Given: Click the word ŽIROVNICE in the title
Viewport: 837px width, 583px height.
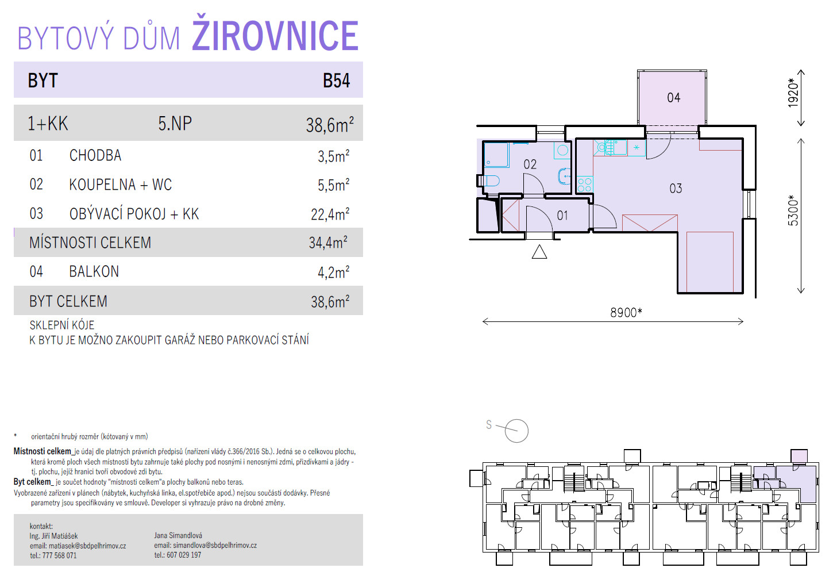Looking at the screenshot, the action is pos(275,34).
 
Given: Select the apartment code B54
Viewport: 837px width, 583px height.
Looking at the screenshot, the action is pos(336,80).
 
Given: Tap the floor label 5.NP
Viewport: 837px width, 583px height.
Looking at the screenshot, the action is pos(175,124).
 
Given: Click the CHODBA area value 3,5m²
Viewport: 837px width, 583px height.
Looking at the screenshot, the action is pos(333,156).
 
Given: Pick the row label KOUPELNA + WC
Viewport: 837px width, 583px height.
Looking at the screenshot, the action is pos(121,185).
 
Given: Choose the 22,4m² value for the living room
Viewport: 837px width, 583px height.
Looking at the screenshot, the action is pos(330,214).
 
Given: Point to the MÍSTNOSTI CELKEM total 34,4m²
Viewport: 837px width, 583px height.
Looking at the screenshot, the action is pos(328,242).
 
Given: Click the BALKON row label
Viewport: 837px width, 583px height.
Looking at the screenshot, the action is pos(94,271).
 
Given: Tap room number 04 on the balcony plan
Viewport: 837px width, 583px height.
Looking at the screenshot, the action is pos(673,98).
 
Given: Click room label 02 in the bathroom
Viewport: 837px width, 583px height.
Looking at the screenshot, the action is pos(530,164).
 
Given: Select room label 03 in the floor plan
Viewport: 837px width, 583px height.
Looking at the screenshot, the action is pos(676,188).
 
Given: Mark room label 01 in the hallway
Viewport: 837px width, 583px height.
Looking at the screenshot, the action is pos(562,216).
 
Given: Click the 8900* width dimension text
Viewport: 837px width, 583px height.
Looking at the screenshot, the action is pos(626,312).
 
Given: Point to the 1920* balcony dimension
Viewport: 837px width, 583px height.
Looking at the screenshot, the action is pos(793,93).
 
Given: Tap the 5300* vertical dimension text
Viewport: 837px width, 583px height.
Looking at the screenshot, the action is pos(793,210).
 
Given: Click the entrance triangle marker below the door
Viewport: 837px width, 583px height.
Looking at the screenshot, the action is pos(539,252).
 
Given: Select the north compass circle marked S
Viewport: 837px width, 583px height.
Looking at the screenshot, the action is pos(516,431).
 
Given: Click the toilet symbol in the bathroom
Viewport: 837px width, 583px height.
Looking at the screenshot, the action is pos(490,181).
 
